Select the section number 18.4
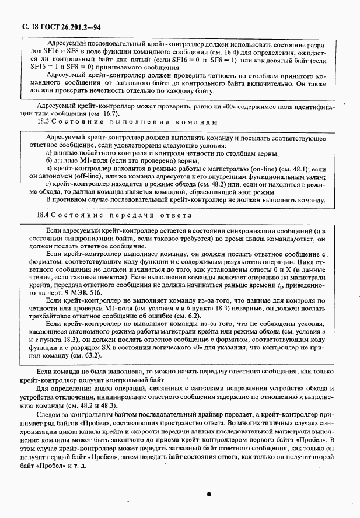pos(43,215)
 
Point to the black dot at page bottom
pos(208,494)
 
